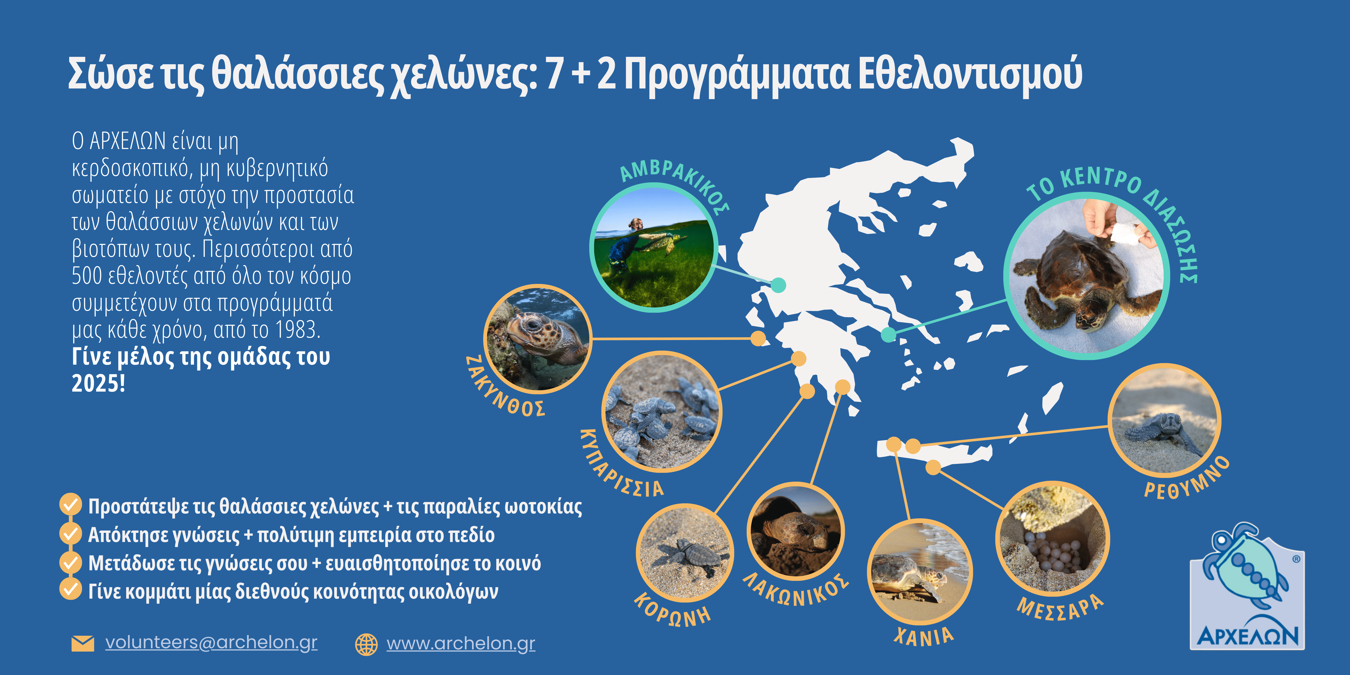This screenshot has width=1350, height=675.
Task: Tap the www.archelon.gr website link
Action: tap(461, 644)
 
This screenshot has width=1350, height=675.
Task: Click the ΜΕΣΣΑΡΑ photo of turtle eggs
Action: tap(1052, 538)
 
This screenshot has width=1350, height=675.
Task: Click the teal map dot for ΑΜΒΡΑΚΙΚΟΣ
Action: tap(779, 285)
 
